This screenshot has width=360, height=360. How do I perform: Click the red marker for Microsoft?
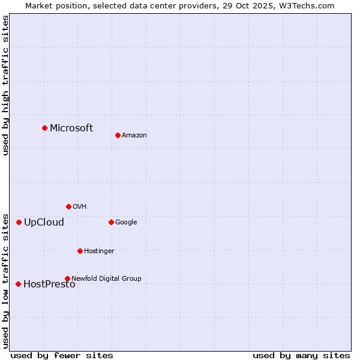pos(44,128)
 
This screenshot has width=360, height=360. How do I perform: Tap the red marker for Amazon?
pos(118,135)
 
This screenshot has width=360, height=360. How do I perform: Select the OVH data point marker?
pos(68,206)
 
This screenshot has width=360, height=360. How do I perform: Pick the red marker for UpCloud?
pos(19,222)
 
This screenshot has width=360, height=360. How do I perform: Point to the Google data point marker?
pos(111,222)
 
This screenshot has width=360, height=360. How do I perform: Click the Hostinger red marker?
pos(80,251)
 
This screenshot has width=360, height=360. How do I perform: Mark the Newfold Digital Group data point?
pos(67,278)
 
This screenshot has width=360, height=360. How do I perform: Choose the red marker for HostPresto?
pos(18,284)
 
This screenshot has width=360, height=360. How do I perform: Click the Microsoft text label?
pos(71,128)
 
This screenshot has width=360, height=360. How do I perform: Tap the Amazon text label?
pos(134,135)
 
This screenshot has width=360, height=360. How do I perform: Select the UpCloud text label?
pos(44,222)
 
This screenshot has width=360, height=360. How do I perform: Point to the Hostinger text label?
pos(99,251)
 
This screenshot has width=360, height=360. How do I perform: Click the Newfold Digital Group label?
pos(106,278)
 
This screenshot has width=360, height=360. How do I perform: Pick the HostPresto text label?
pos(49,284)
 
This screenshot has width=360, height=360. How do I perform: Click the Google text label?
pos(126,222)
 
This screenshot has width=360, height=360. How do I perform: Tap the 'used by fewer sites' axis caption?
pos(62,355)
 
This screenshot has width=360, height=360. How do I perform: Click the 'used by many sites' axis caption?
pos(301,355)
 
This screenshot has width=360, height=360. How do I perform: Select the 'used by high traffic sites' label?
pos(5,85)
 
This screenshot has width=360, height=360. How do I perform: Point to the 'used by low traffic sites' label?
pos(5,280)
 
